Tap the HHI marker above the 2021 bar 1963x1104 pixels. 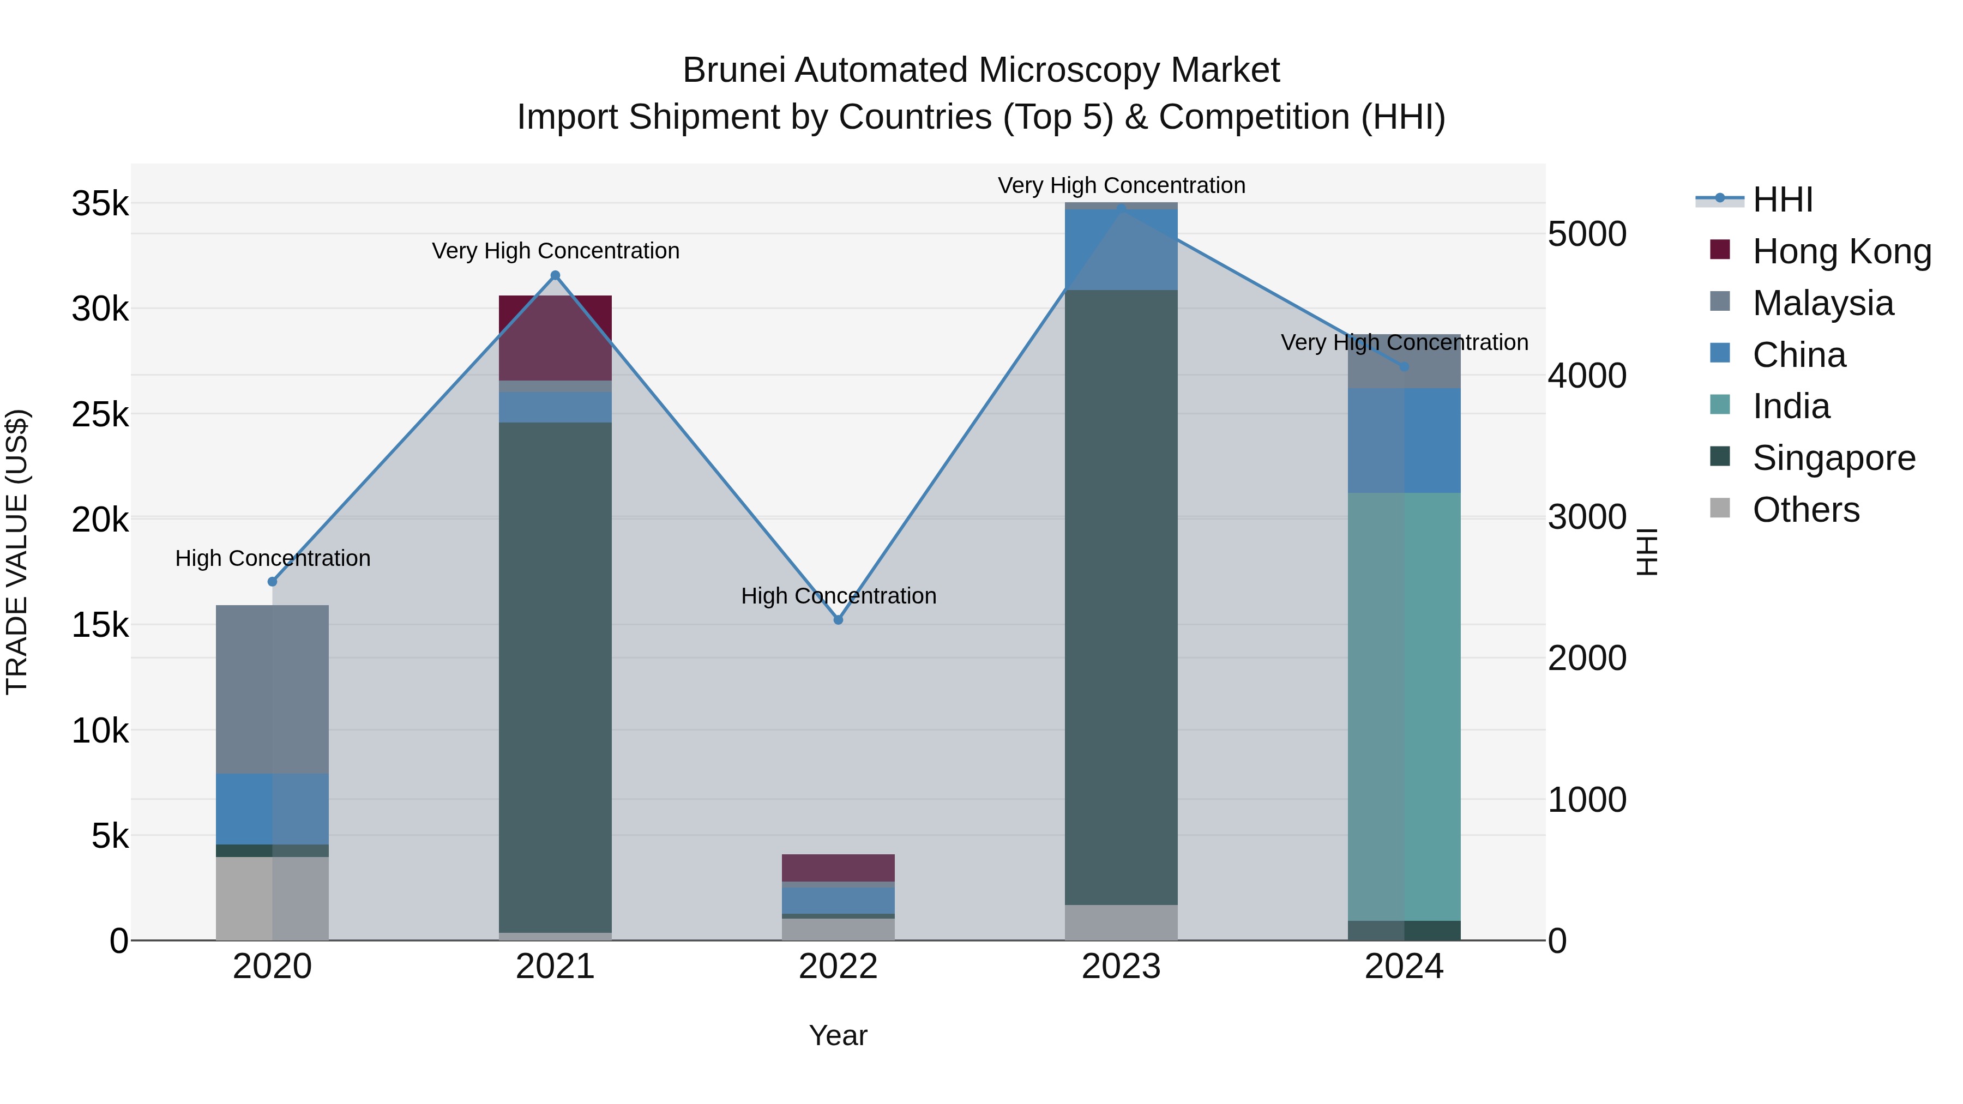point(556,276)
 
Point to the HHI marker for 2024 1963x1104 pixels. point(1405,366)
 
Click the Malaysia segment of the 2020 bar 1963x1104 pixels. point(272,690)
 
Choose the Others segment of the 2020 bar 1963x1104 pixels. point(272,899)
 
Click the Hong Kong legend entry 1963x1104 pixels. point(1841,251)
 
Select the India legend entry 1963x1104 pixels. point(1791,406)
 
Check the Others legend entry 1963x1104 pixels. point(1805,510)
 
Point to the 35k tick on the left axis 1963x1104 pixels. point(100,204)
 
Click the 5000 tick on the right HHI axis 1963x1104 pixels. point(1587,234)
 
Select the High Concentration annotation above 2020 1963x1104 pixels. point(273,558)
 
